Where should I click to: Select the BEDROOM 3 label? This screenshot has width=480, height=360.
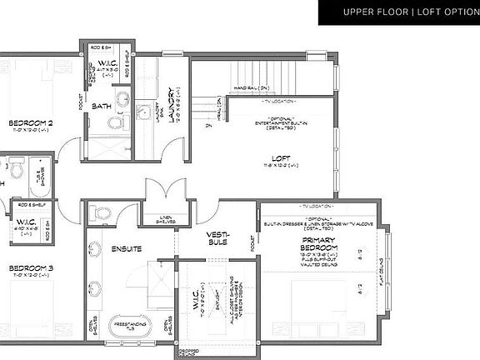click(x=31, y=268)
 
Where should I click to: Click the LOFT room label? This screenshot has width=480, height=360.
click(x=281, y=158)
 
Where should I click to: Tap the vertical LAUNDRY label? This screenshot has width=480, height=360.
click(x=172, y=106)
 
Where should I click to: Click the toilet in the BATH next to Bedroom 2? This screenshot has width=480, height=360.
click(x=115, y=123)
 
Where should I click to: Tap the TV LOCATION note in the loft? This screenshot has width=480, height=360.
click(x=282, y=100)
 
